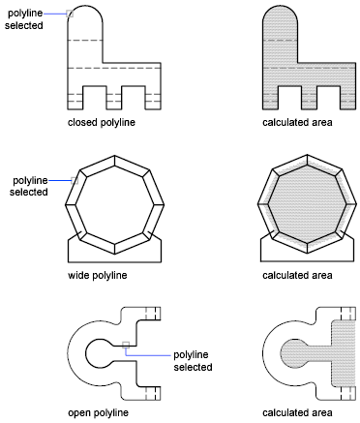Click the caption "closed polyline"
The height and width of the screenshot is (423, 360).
click(x=102, y=123)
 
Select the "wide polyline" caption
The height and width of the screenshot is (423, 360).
click(x=98, y=275)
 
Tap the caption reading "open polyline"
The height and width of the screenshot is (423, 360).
click(x=98, y=412)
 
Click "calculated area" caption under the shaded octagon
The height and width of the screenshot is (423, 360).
click(x=297, y=275)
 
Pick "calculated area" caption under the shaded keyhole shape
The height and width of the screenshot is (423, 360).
click(x=297, y=412)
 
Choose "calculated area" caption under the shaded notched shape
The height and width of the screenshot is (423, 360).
click(x=297, y=123)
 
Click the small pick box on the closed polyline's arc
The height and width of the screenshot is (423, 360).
click(x=70, y=14)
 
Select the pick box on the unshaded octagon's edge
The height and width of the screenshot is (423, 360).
click(x=75, y=180)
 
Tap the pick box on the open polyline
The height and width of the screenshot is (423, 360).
click(x=126, y=345)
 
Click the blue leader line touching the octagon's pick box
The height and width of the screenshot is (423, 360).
click(x=60, y=180)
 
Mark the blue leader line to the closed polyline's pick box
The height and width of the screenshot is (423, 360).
click(x=55, y=14)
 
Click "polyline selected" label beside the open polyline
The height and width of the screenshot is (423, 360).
click(x=193, y=361)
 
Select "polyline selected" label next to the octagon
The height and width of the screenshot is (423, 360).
click(x=29, y=186)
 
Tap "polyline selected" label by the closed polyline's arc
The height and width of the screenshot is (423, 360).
click(x=24, y=19)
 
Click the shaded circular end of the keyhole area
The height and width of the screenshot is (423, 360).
click(x=292, y=353)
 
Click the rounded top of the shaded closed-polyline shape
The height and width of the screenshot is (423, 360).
click(x=280, y=16)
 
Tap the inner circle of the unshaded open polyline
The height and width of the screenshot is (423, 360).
click(x=86, y=353)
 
